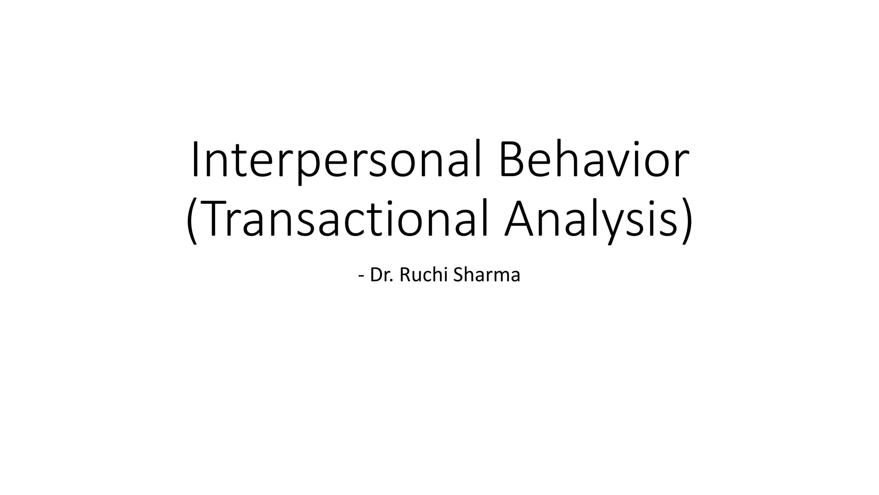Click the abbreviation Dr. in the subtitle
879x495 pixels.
point(381,275)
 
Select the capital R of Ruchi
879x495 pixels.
point(404,275)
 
